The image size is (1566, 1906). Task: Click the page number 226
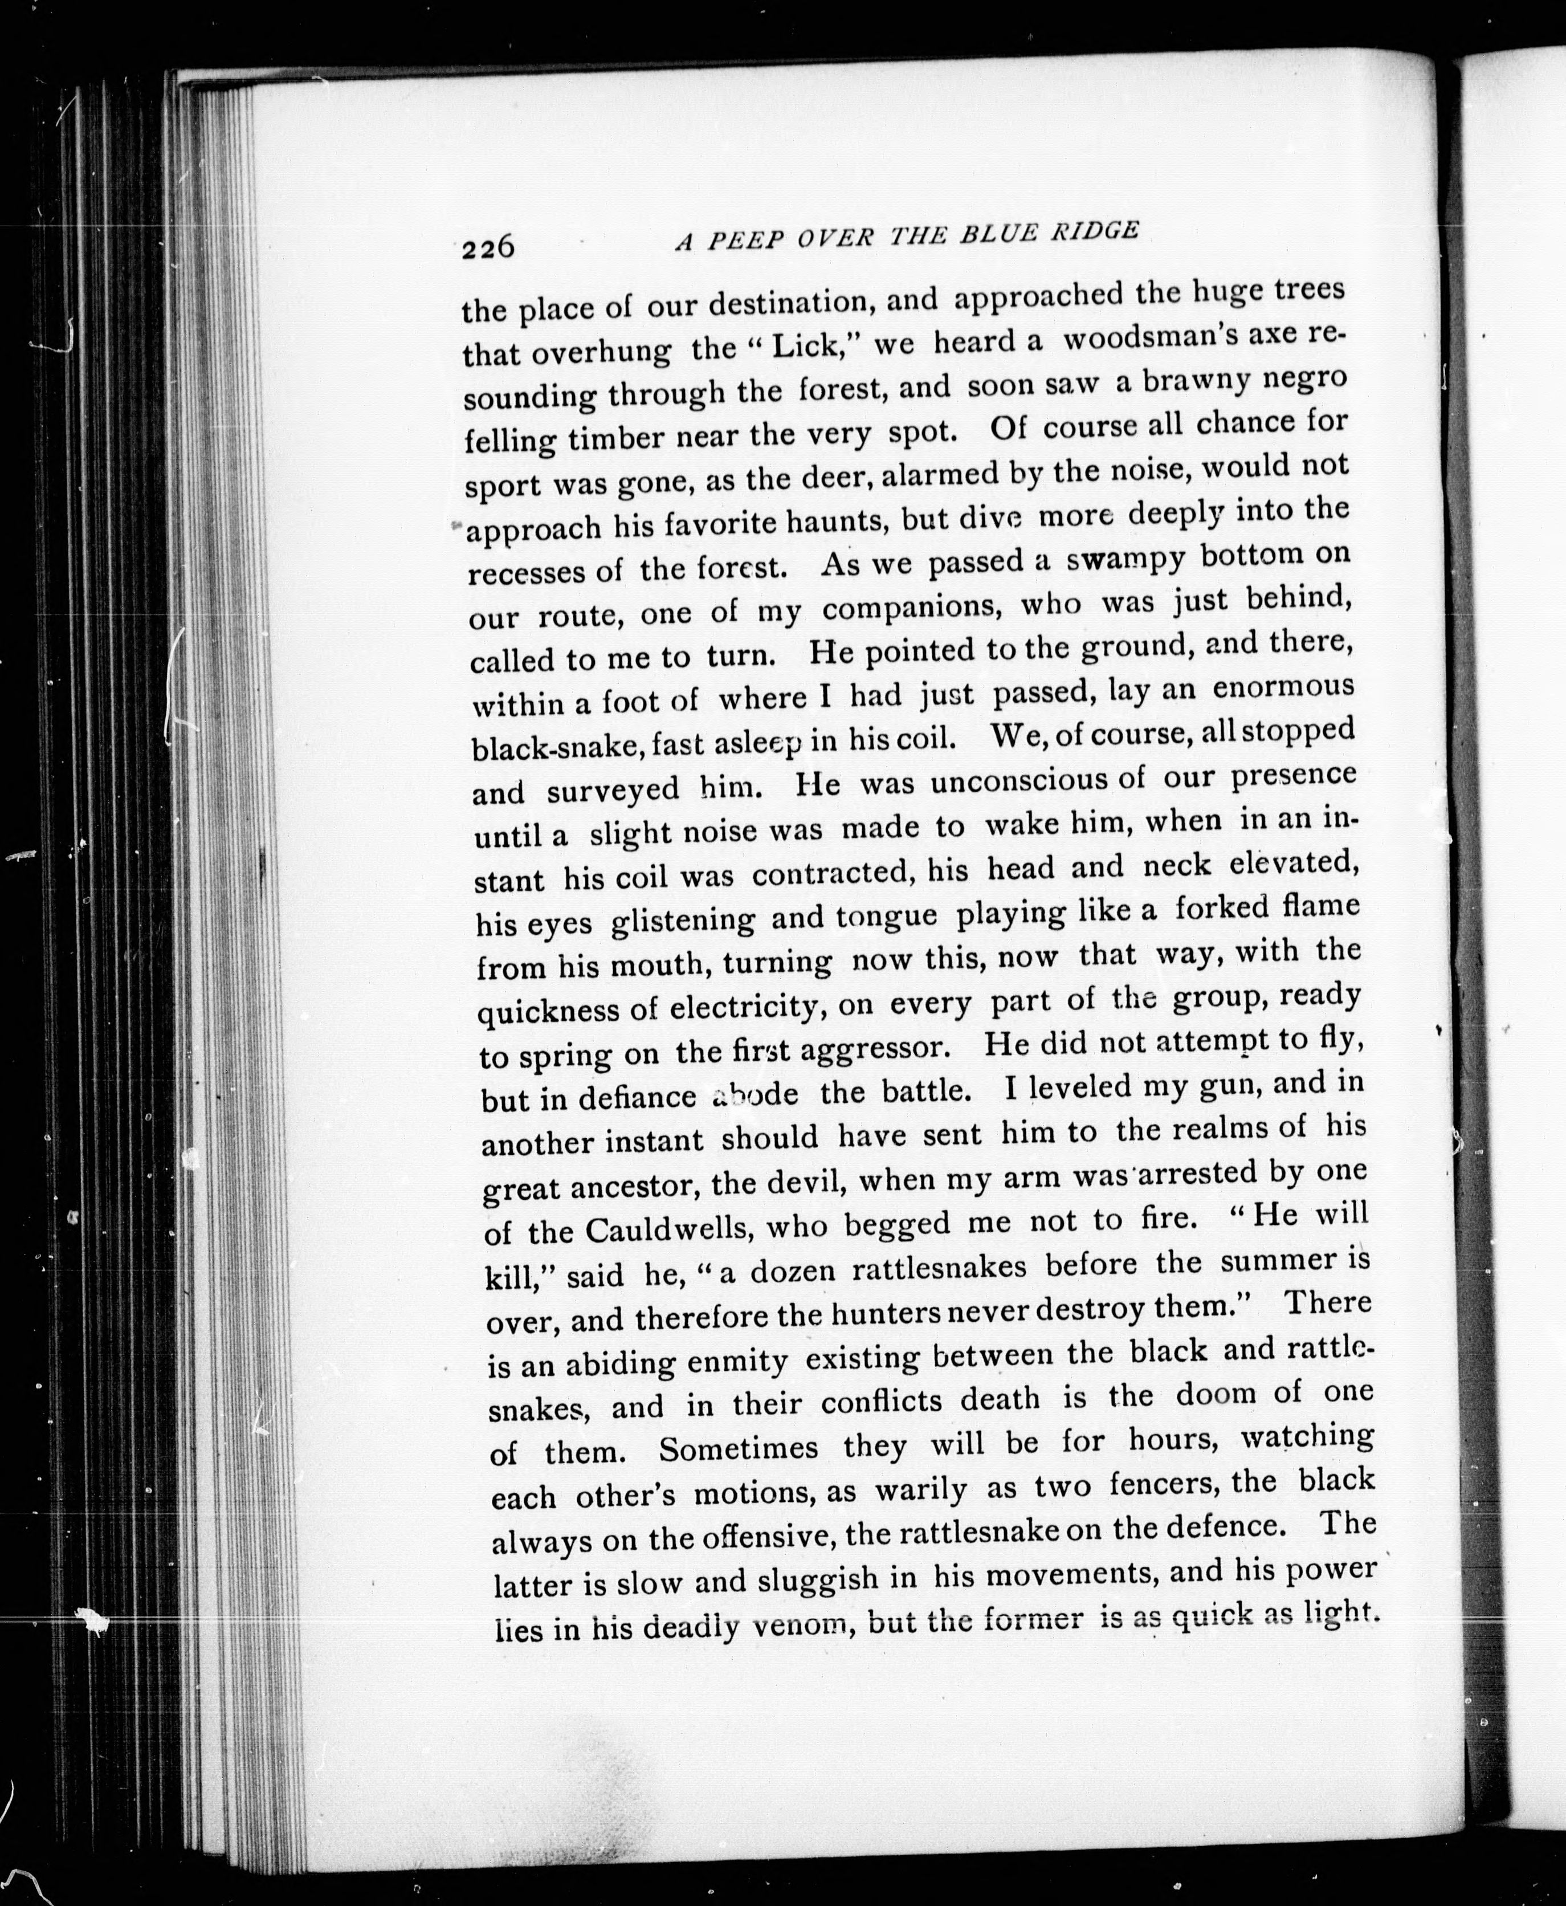click(487, 246)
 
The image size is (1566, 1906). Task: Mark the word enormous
click(1283, 687)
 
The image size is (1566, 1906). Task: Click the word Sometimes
click(738, 1449)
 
